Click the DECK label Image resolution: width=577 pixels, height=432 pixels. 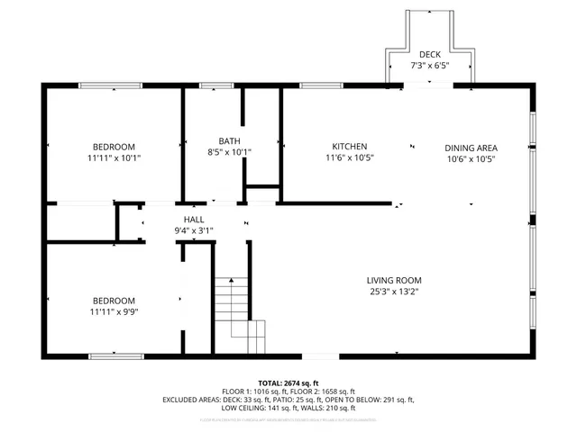coord(429,55)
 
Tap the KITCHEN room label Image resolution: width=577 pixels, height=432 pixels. coord(350,147)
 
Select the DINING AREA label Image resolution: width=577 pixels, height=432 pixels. coord(471,148)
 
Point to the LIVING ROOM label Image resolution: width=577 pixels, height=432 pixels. coord(393,280)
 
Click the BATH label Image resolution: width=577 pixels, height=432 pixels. coord(229,141)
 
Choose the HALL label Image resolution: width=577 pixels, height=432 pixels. coord(194,220)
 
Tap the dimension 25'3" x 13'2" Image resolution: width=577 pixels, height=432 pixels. coord(393,292)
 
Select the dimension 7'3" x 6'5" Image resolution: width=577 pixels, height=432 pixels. coord(429,67)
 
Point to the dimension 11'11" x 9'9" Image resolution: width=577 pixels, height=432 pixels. coord(114,312)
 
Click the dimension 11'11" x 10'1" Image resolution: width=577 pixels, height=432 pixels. coord(114,158)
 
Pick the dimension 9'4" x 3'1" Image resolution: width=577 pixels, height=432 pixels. coord(194,231)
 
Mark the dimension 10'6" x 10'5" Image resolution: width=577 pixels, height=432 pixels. coord(471,159)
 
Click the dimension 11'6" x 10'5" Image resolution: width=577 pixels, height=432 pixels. coord(350,158)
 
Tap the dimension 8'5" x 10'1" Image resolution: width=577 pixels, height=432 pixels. coord(229,153)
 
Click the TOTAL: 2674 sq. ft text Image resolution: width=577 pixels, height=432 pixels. coord(288,382)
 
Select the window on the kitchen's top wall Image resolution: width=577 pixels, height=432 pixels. coord(315,85)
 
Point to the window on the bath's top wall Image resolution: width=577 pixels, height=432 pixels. coord(214,85)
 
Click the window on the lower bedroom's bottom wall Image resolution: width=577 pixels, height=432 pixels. coord(115,356)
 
